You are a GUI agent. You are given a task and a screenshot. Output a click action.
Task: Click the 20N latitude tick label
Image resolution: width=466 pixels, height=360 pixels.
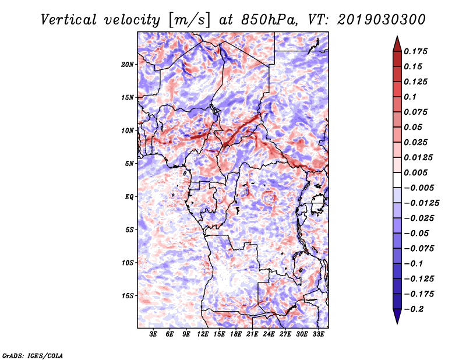[x=128, y=65]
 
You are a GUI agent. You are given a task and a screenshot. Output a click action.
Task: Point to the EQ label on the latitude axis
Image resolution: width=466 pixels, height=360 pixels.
[x=129, y=197]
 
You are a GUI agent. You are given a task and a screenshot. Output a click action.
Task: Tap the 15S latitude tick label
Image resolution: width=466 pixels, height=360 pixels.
[x=128, y=296]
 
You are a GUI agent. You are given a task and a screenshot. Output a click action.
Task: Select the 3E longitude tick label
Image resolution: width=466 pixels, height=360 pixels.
[x=153, y=334]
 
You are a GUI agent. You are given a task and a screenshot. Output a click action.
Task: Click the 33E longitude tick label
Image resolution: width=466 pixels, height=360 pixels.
[x=318, y=334]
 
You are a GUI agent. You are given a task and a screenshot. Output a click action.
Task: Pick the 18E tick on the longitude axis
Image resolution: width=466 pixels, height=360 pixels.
[x=236, y=334]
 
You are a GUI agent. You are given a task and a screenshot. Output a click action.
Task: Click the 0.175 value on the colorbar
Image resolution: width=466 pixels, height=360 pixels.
[x=415, y=51]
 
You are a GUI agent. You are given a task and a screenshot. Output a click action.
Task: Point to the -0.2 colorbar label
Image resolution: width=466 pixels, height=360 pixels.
[x=414, y=309]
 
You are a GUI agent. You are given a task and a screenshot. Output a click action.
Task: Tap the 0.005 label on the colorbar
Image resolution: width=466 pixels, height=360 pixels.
[x=415, y=172]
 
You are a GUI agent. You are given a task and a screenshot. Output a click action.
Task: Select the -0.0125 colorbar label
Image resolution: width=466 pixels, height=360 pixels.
[x=421, y=203]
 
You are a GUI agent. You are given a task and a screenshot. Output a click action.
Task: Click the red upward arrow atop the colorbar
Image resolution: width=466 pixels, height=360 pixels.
[x=397, y=44]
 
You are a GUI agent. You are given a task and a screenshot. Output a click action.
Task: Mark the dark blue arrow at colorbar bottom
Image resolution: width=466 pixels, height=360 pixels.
[x=397, y=316]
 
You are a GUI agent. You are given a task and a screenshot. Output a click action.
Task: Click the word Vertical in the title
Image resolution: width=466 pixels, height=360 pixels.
[x=69, y=20]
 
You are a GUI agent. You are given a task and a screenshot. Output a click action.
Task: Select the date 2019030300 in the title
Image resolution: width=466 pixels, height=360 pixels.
[x=382, y=20]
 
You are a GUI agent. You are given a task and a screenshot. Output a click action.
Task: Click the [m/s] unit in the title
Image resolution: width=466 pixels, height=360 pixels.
[x=189, y=20]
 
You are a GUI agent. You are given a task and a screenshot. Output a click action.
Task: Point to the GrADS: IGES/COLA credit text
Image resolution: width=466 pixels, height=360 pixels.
[x=33, y=355]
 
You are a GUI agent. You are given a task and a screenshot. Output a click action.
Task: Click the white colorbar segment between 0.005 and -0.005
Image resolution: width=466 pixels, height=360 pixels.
[x=397, y=180]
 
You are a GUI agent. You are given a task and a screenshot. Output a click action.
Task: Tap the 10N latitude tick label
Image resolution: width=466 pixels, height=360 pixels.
[x=128, y=130]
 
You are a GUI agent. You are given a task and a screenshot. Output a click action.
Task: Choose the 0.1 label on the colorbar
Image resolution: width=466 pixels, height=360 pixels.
[x=410, y=97]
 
